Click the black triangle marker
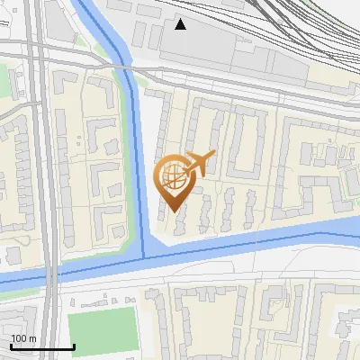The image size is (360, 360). (181, 24)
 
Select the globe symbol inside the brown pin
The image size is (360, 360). (174, 176)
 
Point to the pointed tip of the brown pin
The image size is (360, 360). (173, 211)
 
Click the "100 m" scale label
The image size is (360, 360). (22, 338)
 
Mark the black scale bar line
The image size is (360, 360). (41, 346)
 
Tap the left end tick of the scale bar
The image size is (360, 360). (10, 346)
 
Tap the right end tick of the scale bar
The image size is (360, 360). (74, 346)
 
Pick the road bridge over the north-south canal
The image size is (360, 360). (130, 78)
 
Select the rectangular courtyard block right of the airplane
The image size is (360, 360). (247, 144)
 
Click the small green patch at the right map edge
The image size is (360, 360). (353, 185)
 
